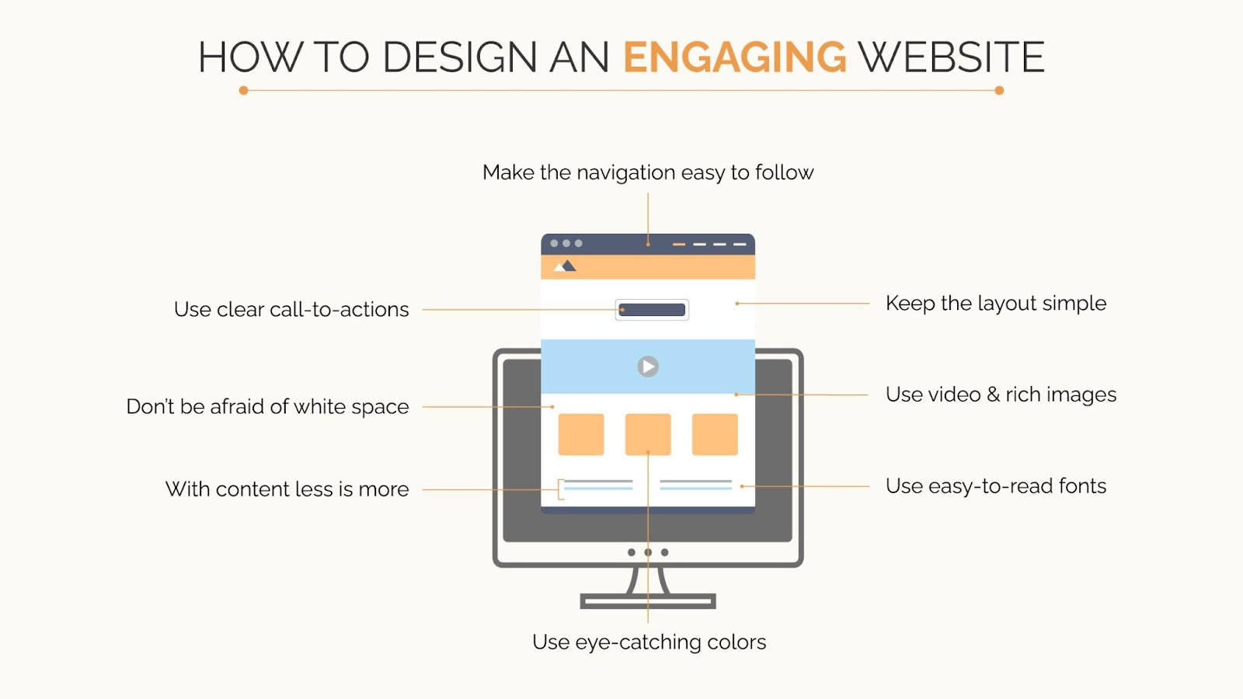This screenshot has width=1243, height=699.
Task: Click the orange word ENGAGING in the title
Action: pyautogui.click(x=735, y=57)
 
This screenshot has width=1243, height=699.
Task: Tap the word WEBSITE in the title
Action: pyautogui.click(x=951, y=57)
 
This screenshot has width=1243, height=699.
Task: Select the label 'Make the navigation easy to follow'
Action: pyautogui.click(x=648, y=172)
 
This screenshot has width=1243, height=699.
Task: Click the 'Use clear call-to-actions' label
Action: pyautogui.click(x=291, y=309)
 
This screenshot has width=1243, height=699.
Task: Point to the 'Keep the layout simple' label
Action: pyautogui.click(x=996, y=304)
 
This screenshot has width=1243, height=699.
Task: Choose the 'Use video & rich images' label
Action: pyautogui.click(x=1001, y=395)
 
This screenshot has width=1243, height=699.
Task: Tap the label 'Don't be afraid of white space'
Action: pyautogui.click(x=267, y=407)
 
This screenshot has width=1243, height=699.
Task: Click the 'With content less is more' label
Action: pyautogui.click(x=287, y=489)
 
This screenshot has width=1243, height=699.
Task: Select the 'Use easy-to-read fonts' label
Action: pyautogui.click(x=996, y=486)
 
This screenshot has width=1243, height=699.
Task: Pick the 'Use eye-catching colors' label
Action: pyautogui.click(x=649, y=642)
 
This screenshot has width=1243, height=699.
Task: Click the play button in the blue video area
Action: pyautogui.click(x=648, y=367)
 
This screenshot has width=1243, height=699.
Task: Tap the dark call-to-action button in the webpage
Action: pyautogui.click(x=652, y=310)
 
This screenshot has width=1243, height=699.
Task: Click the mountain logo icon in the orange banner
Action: pyautogui.click(x=565, y=266)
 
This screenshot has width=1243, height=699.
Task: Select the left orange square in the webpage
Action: pyautogui.click(x=581, y=434)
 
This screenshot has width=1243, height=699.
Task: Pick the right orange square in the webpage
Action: pyautogui.click(x=715, y=434)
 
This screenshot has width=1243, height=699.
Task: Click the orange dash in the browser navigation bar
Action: pyautogui.click(x=679, y=244)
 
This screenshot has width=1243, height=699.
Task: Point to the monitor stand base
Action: pyautogui.click(x=648, y=601)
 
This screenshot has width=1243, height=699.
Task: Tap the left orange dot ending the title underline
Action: pyautogui.click(x=244, y=90)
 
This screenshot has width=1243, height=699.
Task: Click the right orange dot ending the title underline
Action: pyautogui.click(x=999, y=90)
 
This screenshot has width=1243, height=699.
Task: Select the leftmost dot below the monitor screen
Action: pyautogui.click(x=632, y=552)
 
